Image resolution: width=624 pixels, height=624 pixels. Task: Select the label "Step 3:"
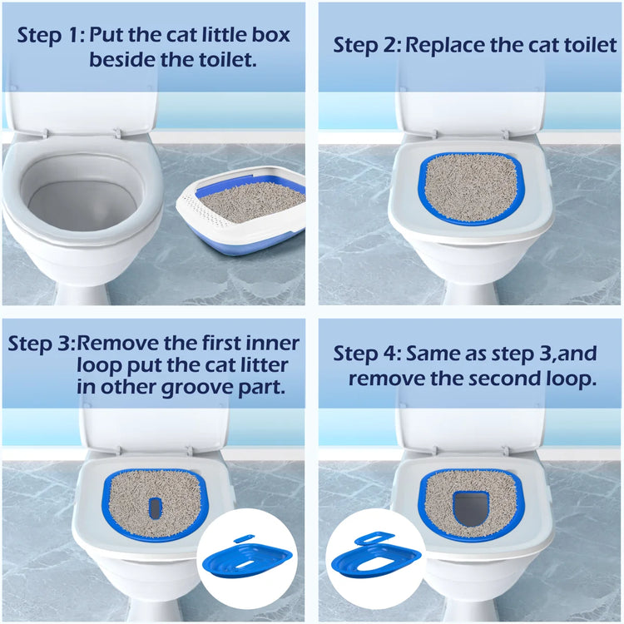click(42, 344)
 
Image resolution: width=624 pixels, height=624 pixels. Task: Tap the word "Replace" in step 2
click(447, 45)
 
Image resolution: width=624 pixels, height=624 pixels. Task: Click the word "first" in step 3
click(225, 344)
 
